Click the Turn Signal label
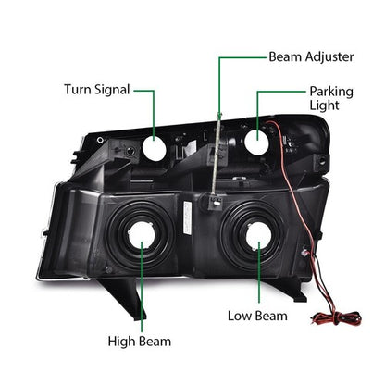pyautogui.click(x=97, y=90)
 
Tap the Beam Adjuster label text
pyautogui.click(x=311, y=57)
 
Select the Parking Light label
pyautogui.click(x=331, y=98)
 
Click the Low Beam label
pyautogui.click(x=257, y=316)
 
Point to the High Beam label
pyautogui.click(x=139, y=342)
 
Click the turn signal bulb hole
pyautogui.click(x=155, y=148)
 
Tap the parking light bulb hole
pyautogui.click(x=256, y=143)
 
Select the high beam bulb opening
pyautogui.click(x=141, y=235)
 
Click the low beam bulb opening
pyautogui.click(x=258, y=236)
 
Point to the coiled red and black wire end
pyautogui.click(x=336, y=318)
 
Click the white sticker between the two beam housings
pyautogui.click(x=187, y=217)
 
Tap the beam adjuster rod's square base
pyautogui.click(x=215, y=202)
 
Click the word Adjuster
pyautogui.click(x=329, y=57)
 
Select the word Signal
pyautogui.click(x=112, y=90)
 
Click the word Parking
pyautogui.click(x=331, y=92)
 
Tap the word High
pyautogui.click(x=121, y=342)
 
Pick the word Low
pyautogui.click(x=239, y=316)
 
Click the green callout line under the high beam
pyautogui.click(x=142, y=287)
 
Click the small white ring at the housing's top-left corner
pyautogui.click(x=100, y=140)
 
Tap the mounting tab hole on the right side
pyautogui.click(x=322, y=161)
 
